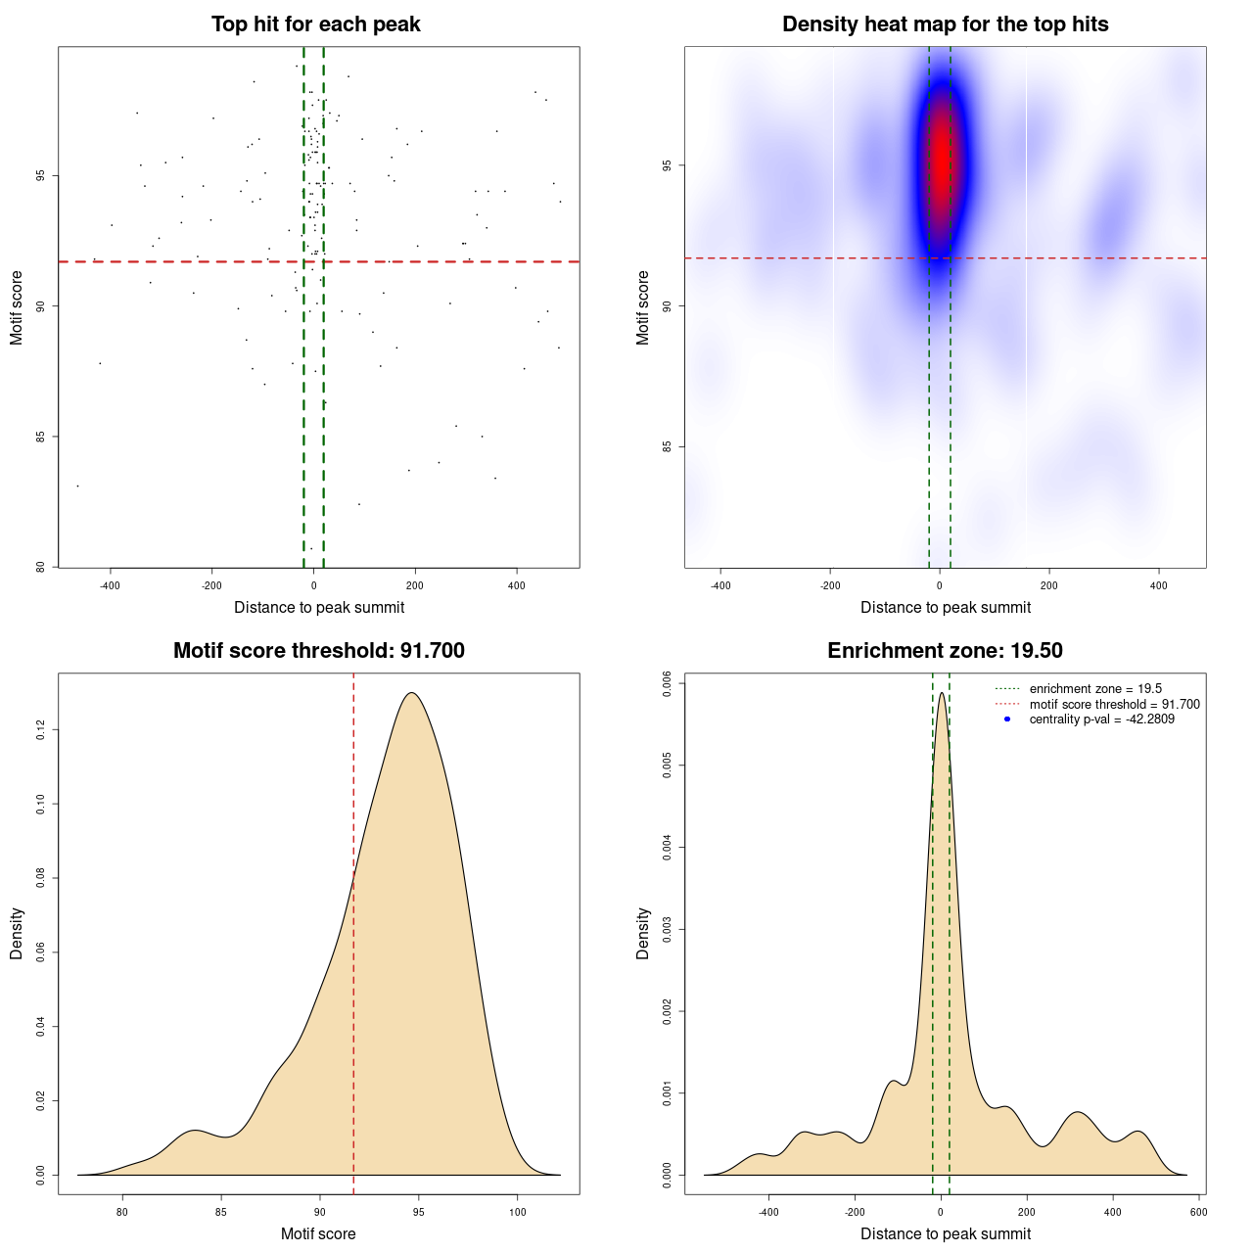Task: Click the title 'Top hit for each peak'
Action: [x=315, y=24]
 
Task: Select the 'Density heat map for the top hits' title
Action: [x=945, y=24]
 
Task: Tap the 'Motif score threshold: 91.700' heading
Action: [x=318, y=651]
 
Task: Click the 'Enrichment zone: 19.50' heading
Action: [x=945, y=651]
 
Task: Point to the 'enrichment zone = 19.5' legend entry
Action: [x=1095, y=689]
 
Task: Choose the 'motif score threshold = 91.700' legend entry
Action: [x=1114, y=704]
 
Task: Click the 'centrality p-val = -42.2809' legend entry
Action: [x=1101, y=719]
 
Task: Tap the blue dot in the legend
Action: [x=1007, y=719]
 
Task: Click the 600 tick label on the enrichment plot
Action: [x=1198, y=1212]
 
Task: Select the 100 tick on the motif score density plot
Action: [x=518, y=1212]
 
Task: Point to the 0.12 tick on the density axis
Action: [x=40, y=730]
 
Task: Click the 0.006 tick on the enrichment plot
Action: [x=667, y=682]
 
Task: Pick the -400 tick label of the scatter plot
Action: [x=110, y=585]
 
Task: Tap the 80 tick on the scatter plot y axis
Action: [x=40, y=567]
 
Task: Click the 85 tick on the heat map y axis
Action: [x=667, y=447]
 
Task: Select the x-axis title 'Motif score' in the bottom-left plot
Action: [x=318, y=1233]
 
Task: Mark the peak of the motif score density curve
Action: [x=412, y=693]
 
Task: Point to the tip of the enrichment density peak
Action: [x=941, y=693]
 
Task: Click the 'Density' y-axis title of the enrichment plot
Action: [x=643, y=933]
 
